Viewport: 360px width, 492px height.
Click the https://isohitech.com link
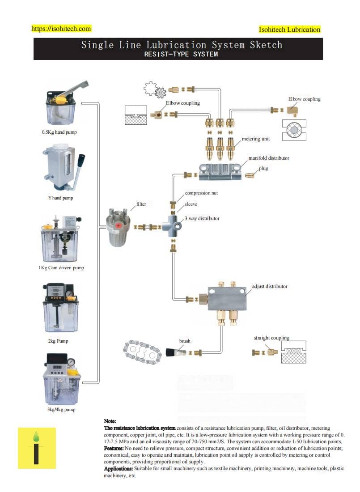coord(61,29)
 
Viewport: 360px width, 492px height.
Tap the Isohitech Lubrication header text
coord(289,30)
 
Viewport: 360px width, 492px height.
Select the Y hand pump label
coord(61,198)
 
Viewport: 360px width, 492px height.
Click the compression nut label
coord(201,193)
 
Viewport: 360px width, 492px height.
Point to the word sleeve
coord(191,204)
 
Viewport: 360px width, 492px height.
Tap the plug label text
coord(263,169)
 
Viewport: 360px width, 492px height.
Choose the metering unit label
coord(256,139)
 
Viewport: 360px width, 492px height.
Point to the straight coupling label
coord(271,338)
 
